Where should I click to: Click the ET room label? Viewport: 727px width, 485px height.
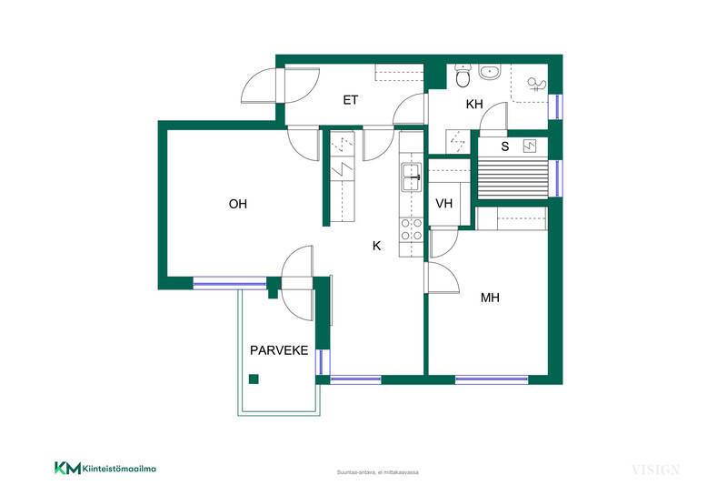tap(351, 100)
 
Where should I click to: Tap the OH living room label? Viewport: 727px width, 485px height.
tap(238, 204)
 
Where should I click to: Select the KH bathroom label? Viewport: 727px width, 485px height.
tap(474, 104)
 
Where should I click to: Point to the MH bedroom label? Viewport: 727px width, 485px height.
tap(490, 298)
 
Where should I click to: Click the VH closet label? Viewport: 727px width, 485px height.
tap(443, 203)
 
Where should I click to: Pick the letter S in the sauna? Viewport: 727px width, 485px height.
tap(505, 147)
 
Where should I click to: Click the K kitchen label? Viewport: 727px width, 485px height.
tap(376, 246)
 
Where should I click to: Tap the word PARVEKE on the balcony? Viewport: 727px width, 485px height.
tap(279, 350)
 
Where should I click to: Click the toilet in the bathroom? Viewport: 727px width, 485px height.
tap(463, 76)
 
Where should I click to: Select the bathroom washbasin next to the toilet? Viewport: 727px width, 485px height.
tap(490, 73)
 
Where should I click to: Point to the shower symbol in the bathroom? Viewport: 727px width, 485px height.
tap(537, 85)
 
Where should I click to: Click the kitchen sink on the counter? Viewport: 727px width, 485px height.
tap(412, 177)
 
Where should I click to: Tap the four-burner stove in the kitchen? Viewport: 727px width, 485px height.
tap(412, 229)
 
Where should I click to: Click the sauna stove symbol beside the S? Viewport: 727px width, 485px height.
tap(530, 147)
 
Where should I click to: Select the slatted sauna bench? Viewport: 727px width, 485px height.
tap(513, 178)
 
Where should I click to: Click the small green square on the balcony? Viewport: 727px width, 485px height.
tap(254, 379)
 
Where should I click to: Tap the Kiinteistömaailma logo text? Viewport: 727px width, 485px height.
tap(119, 469)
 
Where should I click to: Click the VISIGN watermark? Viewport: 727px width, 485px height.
tap(655, 470)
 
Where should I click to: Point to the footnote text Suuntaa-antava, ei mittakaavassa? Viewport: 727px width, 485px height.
tap(377, 472)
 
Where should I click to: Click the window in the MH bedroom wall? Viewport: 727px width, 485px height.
tap(492, 379)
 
